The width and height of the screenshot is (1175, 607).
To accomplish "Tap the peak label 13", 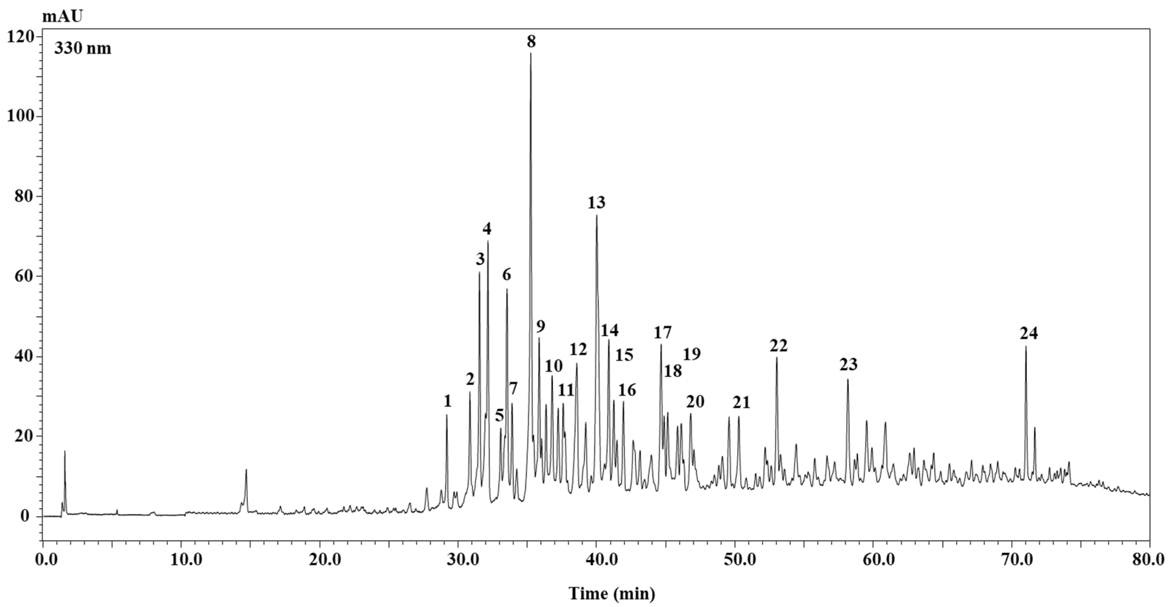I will click(596, 202).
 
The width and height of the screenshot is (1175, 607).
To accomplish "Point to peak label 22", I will click(778, 346).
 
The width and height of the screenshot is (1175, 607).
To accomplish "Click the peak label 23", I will click(849, 364).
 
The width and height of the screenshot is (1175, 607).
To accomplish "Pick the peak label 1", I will click(447, 401).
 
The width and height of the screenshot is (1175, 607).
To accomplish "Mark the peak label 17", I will click(662, 333).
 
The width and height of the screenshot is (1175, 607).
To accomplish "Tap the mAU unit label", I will click(63, 17).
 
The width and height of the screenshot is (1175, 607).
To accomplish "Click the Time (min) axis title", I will click(612, 593).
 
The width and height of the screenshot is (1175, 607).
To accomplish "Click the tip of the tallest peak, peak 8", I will click(530, 53).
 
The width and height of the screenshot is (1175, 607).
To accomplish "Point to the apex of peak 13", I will click(596, 215).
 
